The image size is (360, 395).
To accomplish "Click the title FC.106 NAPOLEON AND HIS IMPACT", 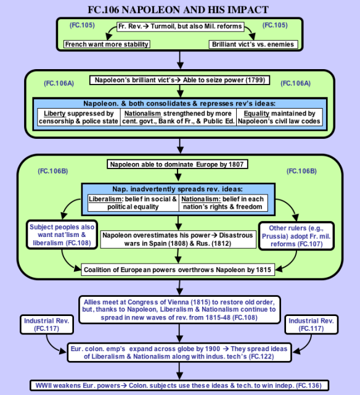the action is tap(178, 10).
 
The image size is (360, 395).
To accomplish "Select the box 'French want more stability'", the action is tap(107, 44).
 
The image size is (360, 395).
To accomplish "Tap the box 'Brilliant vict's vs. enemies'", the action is tap(253, 44).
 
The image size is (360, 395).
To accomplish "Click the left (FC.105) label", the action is tap(82, 25).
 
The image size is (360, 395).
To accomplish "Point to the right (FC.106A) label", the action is tap(295, 83).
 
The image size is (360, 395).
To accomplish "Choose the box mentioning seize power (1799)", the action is tap(179, 80).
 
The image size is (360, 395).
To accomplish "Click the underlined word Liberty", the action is tap(55, 114).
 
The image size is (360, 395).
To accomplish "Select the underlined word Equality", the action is tap(256, 114).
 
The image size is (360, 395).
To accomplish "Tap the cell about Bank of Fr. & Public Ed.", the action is tap(178, 117).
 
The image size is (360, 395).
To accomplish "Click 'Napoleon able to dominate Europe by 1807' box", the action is tap(178, 164).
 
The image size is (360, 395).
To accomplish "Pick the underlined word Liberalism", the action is tap(105, 199).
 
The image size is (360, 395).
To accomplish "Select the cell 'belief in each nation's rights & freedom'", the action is tap(223, 203).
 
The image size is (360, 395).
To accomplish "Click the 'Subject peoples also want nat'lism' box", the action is tap(62, 235).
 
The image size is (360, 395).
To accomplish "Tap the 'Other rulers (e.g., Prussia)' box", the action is tap(297, 236).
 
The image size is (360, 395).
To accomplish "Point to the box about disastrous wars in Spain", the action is tap(178, 239).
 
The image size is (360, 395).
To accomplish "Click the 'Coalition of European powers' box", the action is tap(178, 270).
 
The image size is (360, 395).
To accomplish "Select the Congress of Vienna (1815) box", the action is tap(179, 310).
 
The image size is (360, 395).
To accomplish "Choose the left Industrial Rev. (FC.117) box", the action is tap(47, 325).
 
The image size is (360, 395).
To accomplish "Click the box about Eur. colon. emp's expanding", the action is tap(179, 352).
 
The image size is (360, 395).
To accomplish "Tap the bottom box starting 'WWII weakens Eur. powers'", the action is tap(179, 386).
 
